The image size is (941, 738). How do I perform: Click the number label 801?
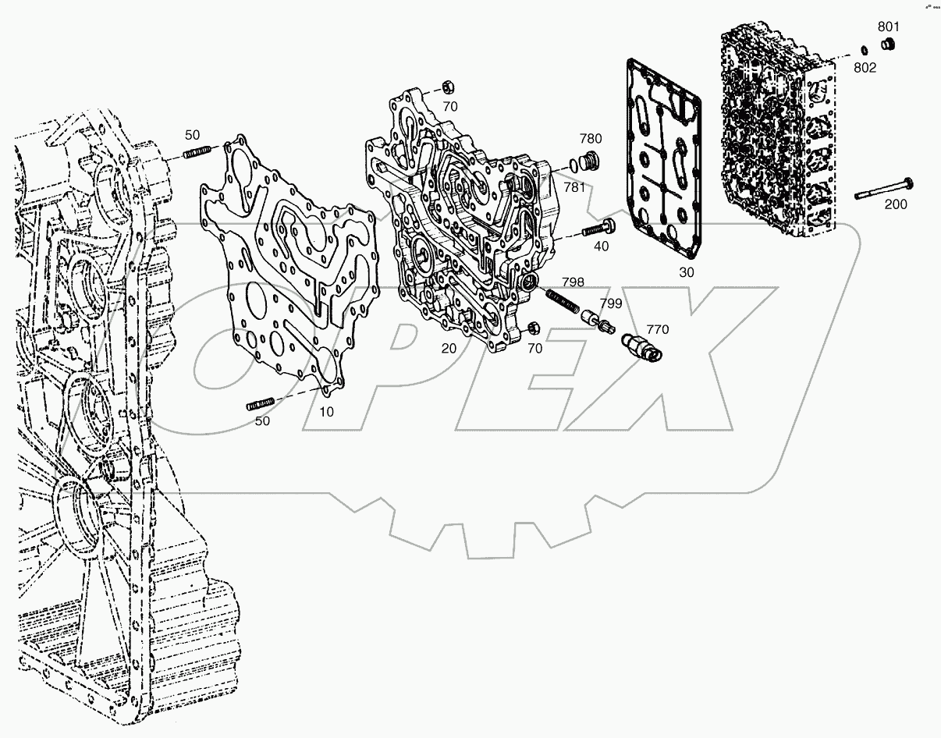tap(888, 27)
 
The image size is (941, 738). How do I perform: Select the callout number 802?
tap(865, 68)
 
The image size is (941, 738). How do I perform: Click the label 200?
tap(895, 204)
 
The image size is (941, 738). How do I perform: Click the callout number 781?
tap(573, 188)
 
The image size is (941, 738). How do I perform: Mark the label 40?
tap(601, 247)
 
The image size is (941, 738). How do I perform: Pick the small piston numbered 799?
tap(600, 321)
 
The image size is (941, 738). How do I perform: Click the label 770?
tap(657, 330)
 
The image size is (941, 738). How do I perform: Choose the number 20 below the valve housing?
tap(449, 348)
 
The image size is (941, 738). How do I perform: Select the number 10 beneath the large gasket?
tap(326, 410)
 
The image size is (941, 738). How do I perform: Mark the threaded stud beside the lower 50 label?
tap(261, 403)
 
